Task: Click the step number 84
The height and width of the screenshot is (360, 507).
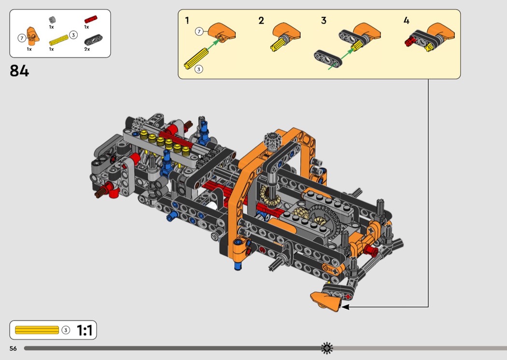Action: tap(19, 71)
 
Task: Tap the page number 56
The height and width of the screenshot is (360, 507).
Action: tap(13, 348)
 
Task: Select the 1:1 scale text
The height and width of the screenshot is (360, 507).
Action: tap(84, 330)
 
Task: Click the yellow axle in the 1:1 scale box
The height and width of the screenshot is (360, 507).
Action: tap(37, 330)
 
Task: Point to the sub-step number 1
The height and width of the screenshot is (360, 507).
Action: tap(187, 21)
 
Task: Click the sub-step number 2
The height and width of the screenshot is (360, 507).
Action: tap(261, 21)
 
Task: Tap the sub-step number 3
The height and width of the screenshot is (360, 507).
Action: tap(324, 21)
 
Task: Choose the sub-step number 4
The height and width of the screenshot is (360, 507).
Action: tap(407, 21)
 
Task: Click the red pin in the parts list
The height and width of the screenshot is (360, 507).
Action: tap(91, 19)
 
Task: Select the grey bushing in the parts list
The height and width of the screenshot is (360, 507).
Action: tap(52, 20)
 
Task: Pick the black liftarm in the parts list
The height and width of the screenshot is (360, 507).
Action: tap(93, 40)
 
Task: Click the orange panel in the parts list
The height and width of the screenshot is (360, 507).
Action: tap(33, 36)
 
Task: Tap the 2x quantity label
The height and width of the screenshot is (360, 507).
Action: tap(87, 49)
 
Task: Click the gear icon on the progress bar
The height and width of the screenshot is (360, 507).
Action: tap(327, 348)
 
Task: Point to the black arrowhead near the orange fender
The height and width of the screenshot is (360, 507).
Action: tap(345, 307)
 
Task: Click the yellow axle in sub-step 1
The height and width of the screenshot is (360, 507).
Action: tap(196, 58)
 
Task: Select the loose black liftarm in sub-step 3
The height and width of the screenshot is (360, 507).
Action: tap(327, 59)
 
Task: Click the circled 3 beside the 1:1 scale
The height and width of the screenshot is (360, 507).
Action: tap(66, 330)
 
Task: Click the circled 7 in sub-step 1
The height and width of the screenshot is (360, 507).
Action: tap(199, 31)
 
